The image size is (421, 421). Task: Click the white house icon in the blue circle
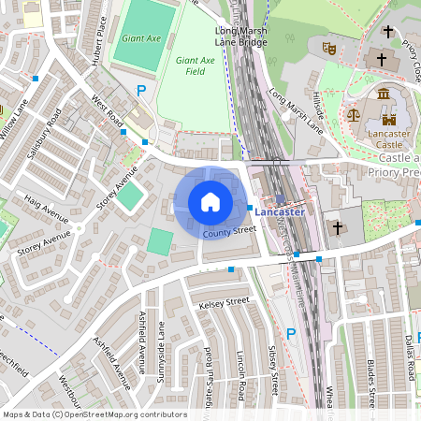tap(210, 202)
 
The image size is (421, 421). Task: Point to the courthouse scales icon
tap(353, 114)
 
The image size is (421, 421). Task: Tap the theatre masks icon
tap(328, 46)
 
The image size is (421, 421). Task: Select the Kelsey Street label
tap(224, 302)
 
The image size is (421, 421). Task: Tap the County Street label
tap(229, 229)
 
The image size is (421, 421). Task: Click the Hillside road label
tap(318, 106)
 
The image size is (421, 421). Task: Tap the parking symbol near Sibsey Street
tap(290, 334)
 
